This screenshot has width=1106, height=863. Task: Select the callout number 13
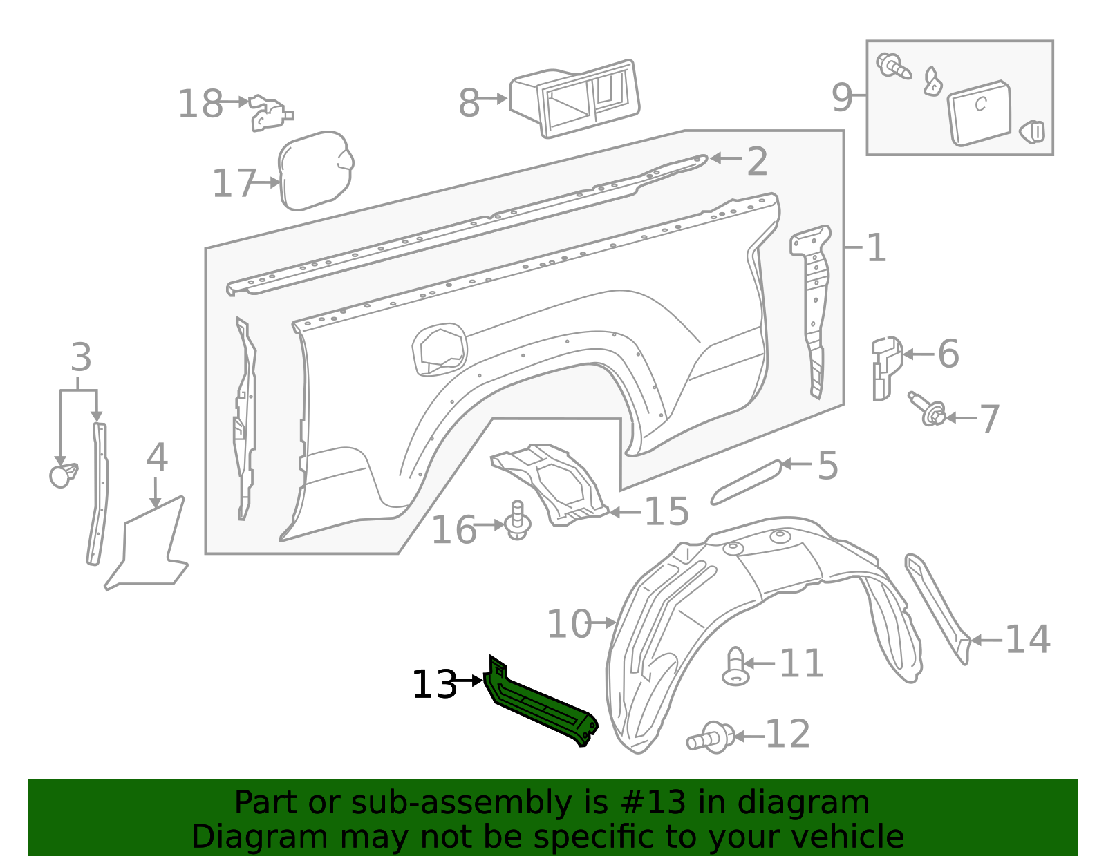click(434, 685)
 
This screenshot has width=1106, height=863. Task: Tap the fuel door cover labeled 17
click(315, 170)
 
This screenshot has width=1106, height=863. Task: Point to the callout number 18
click(200, 104)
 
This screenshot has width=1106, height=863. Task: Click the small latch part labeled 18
click(269, 113)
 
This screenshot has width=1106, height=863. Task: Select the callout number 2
click(757, 162)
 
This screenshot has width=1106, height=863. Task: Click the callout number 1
click(876, 248)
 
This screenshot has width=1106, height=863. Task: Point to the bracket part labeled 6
click(885, 366)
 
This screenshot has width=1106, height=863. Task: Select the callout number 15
click(666, 512)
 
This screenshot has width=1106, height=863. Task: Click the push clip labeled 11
click(735, 667)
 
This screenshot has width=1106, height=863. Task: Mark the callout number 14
click(1027, 639)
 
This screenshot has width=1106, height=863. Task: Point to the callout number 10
click(569, 624)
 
